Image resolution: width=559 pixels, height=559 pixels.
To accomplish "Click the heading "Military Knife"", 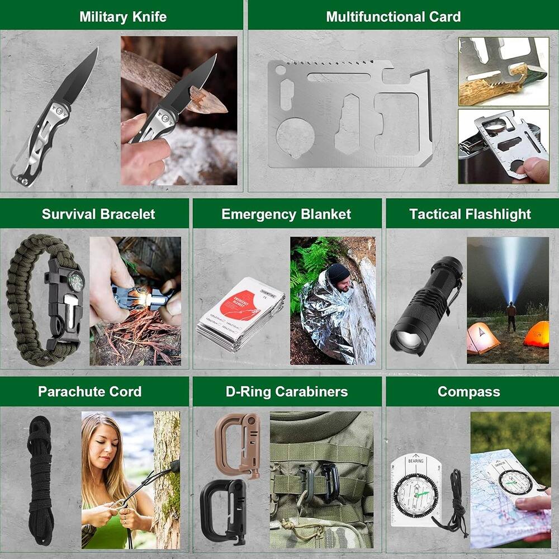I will (x=122, y=16).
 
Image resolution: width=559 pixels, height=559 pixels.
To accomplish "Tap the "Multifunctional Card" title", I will (x=393, y=16).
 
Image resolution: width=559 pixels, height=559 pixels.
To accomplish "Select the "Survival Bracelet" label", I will (x=98, y=214).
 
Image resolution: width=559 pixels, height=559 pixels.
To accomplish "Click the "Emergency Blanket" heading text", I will (x=286, y=214).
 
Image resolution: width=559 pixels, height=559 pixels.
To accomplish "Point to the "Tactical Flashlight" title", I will (x=470, y=214).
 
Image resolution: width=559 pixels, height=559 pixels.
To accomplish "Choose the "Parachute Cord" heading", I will (x=89, y=391).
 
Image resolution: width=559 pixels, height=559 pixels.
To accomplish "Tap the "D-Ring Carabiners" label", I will (x=286, y=391).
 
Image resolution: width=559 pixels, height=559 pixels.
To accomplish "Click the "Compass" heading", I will (x=468, y=391).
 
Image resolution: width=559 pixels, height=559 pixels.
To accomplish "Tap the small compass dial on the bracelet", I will (x=76, y=282).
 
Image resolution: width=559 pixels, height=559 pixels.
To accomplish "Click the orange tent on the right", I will (x=537, y=334).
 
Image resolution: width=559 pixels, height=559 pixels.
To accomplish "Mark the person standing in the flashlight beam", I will (x=511, y=316).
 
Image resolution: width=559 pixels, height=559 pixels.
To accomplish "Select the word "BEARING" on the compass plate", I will (x=415, y=460).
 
